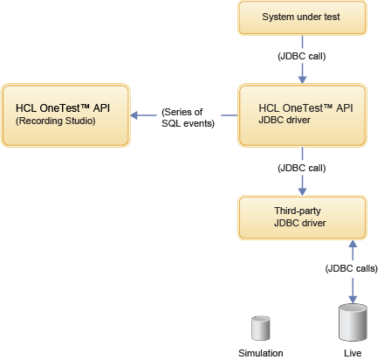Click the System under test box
tap(301, 17)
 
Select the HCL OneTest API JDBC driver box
tap(301, 114)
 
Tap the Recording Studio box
tap(65, 114)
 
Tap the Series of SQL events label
tap(182, 117)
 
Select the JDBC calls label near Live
tap(350, 269)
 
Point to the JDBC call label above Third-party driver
tap(301, 167)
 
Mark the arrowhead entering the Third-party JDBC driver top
tap(301, 190)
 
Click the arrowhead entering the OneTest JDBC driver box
tap(301, 79)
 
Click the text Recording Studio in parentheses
tap(54, 121)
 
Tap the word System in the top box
tap(279, 17)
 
